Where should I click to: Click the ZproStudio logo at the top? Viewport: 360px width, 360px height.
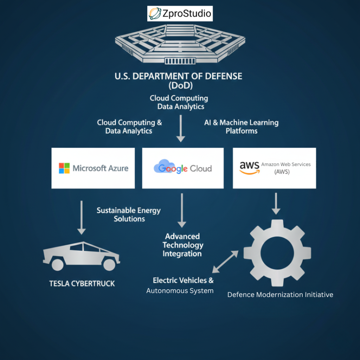[180, 13]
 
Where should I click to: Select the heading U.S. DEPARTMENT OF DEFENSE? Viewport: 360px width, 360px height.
[179, 76]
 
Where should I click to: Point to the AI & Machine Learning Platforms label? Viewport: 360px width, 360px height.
[241, 127]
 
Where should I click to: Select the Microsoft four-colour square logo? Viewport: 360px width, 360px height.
[64, 168]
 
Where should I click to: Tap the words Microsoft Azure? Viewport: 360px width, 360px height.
[101, 168]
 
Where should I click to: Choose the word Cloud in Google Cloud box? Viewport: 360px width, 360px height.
[201, 169]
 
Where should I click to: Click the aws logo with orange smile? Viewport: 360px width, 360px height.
[249, 167]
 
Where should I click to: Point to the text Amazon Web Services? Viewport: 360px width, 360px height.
[286, 165]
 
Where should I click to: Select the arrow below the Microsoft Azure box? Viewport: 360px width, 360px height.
[81, 217]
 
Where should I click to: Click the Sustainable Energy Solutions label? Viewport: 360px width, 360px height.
[129, 214]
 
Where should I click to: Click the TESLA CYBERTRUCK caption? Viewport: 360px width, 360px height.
[82, 283]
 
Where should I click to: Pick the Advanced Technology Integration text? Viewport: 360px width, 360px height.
[182, 245]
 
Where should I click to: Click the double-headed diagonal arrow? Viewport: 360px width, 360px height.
[225, 262]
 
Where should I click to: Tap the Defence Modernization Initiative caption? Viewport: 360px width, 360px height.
[280, 295]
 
